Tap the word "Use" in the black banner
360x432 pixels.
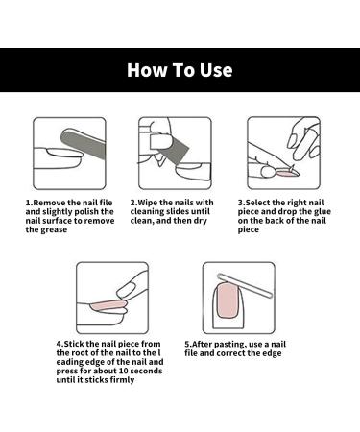point(216,70)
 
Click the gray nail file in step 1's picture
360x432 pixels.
point(84,146)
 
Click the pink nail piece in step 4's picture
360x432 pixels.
point(108,305)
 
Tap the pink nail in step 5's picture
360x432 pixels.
point(228,300)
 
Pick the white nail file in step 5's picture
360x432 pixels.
point(245,286)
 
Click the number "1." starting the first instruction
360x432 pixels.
point(29,203)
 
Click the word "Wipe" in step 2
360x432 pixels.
point(148,203)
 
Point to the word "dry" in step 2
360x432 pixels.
point(200,221)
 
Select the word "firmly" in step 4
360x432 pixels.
point(122,380)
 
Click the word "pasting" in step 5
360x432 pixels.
point(230,345)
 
